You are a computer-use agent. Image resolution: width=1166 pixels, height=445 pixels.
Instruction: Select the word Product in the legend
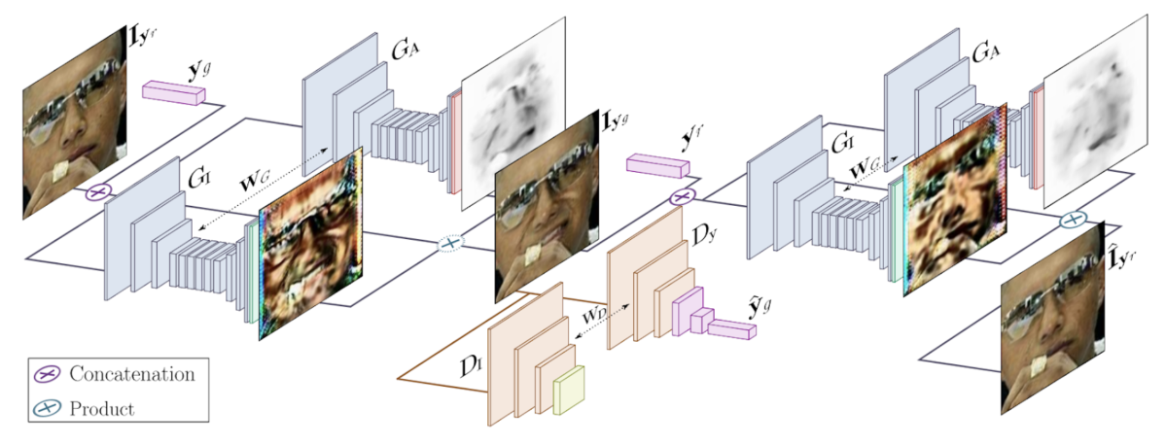(x=101, y=408)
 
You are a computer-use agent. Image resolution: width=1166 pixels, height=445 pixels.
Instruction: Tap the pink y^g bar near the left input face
(x=174, y=92)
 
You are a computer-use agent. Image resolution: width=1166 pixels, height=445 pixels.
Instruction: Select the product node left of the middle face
(x=449, y=243)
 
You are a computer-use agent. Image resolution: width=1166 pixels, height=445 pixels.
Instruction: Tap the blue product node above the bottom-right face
(x=1072, y=221)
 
